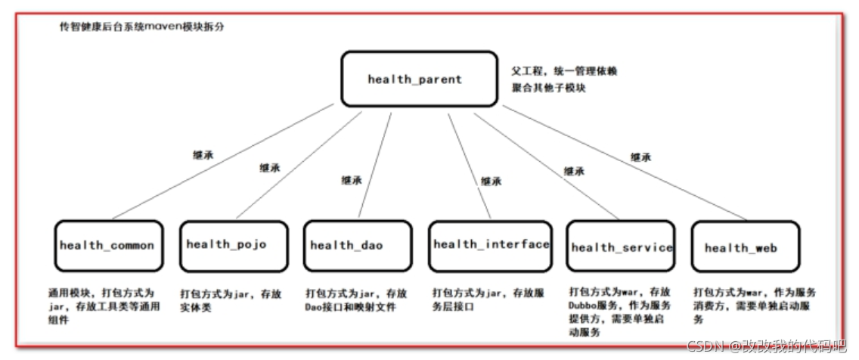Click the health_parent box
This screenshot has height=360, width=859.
point(414,79)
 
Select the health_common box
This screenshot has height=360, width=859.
point(108,246)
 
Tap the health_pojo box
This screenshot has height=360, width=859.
point(233,246)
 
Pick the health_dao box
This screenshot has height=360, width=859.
point(356,246)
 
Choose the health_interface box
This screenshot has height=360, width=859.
point(490,246)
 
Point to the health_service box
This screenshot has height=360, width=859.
point(620,247)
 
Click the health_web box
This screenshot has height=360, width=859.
point(744,247)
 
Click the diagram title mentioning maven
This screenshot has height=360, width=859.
point(142,26)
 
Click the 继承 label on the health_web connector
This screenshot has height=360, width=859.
point(641,157)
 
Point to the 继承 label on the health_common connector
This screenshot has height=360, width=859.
point(203,154)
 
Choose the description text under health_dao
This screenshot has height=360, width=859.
point(356,299)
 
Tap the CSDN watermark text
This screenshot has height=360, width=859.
point(764,346)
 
